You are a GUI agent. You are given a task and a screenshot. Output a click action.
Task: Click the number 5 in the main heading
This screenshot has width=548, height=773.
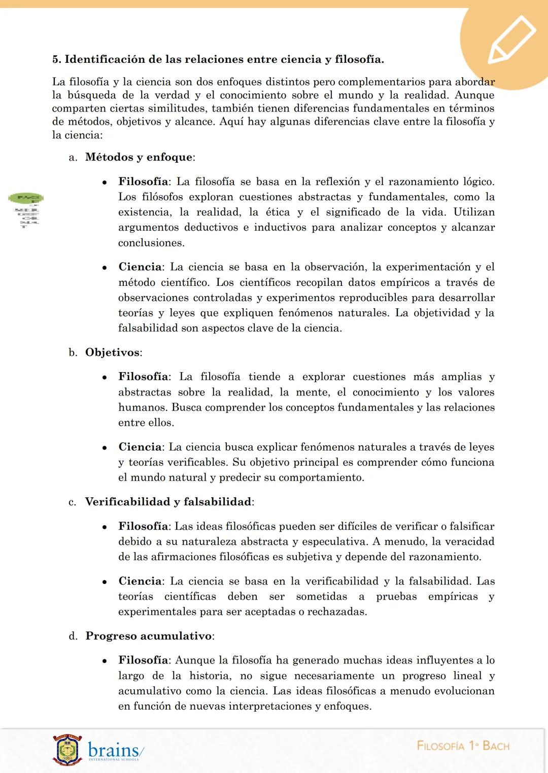[56, 59]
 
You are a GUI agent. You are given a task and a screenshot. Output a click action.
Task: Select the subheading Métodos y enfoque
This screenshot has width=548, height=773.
[139, 157]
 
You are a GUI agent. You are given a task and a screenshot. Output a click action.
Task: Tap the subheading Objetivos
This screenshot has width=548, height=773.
[113, 352]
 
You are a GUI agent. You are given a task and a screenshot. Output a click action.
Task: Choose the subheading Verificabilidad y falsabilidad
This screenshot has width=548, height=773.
[168, 502]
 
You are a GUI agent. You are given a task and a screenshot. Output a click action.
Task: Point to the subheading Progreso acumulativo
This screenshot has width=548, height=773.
[149, 636]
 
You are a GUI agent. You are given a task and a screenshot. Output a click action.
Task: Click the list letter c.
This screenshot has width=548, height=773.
[72, 502]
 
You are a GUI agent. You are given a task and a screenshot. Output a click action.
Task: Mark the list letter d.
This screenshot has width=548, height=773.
[73, 636]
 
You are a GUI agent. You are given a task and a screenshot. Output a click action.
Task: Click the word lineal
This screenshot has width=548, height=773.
[467, 676]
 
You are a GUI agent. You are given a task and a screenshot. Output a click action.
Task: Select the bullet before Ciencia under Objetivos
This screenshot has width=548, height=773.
[104, 448]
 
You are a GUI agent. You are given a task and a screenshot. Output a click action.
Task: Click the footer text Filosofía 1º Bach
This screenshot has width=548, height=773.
[463, 746]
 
